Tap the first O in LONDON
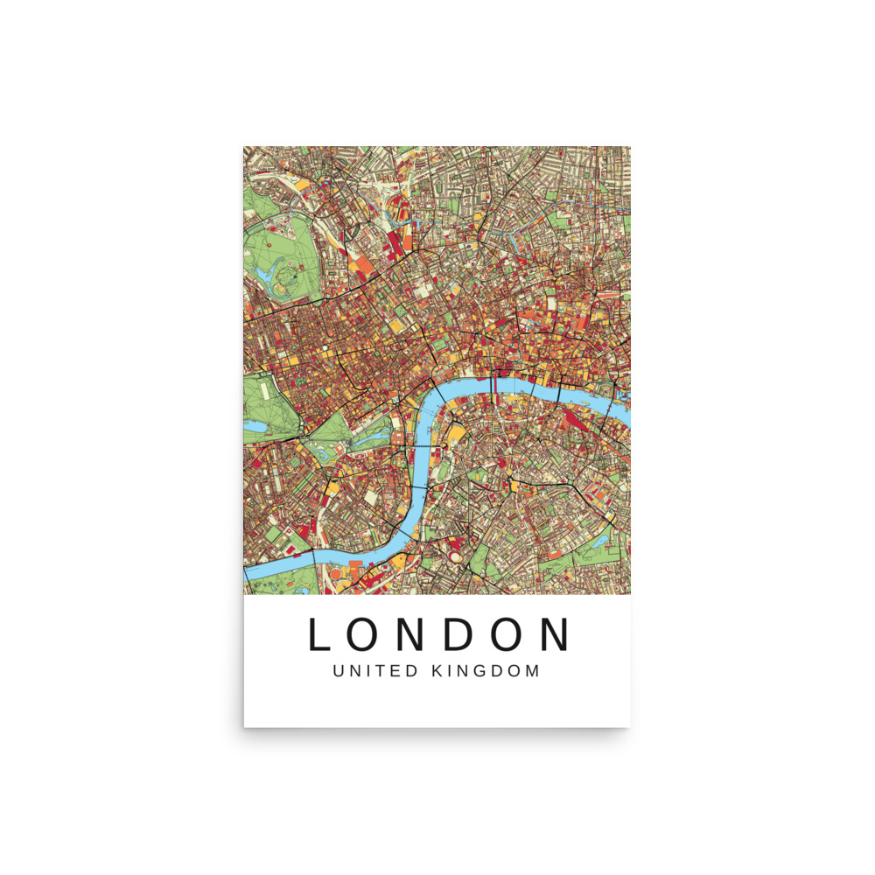tap(367, 635)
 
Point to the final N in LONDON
tap(553, 635)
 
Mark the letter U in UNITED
tap(339, 672)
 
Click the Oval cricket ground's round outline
tap(457, 553)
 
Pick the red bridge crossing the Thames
tap(494, 382)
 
